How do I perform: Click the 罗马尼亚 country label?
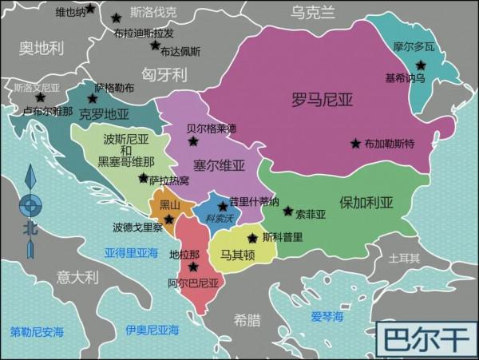point(323,100)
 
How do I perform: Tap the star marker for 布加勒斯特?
point(355,144)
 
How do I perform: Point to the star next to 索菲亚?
point(288,212)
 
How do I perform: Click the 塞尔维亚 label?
point(219,166)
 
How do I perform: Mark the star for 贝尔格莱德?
point(193,141)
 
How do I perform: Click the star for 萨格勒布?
point(93,99)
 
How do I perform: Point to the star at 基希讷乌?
point(421,65)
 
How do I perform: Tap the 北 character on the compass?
point(30,227)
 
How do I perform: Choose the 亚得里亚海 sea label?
point(131,252)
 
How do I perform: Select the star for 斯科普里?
point(252,238)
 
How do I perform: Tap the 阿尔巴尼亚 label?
point(193,283)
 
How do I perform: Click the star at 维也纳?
point(89,9)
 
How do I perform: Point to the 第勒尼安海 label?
point(36,330)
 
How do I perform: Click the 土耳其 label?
point(404,259)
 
